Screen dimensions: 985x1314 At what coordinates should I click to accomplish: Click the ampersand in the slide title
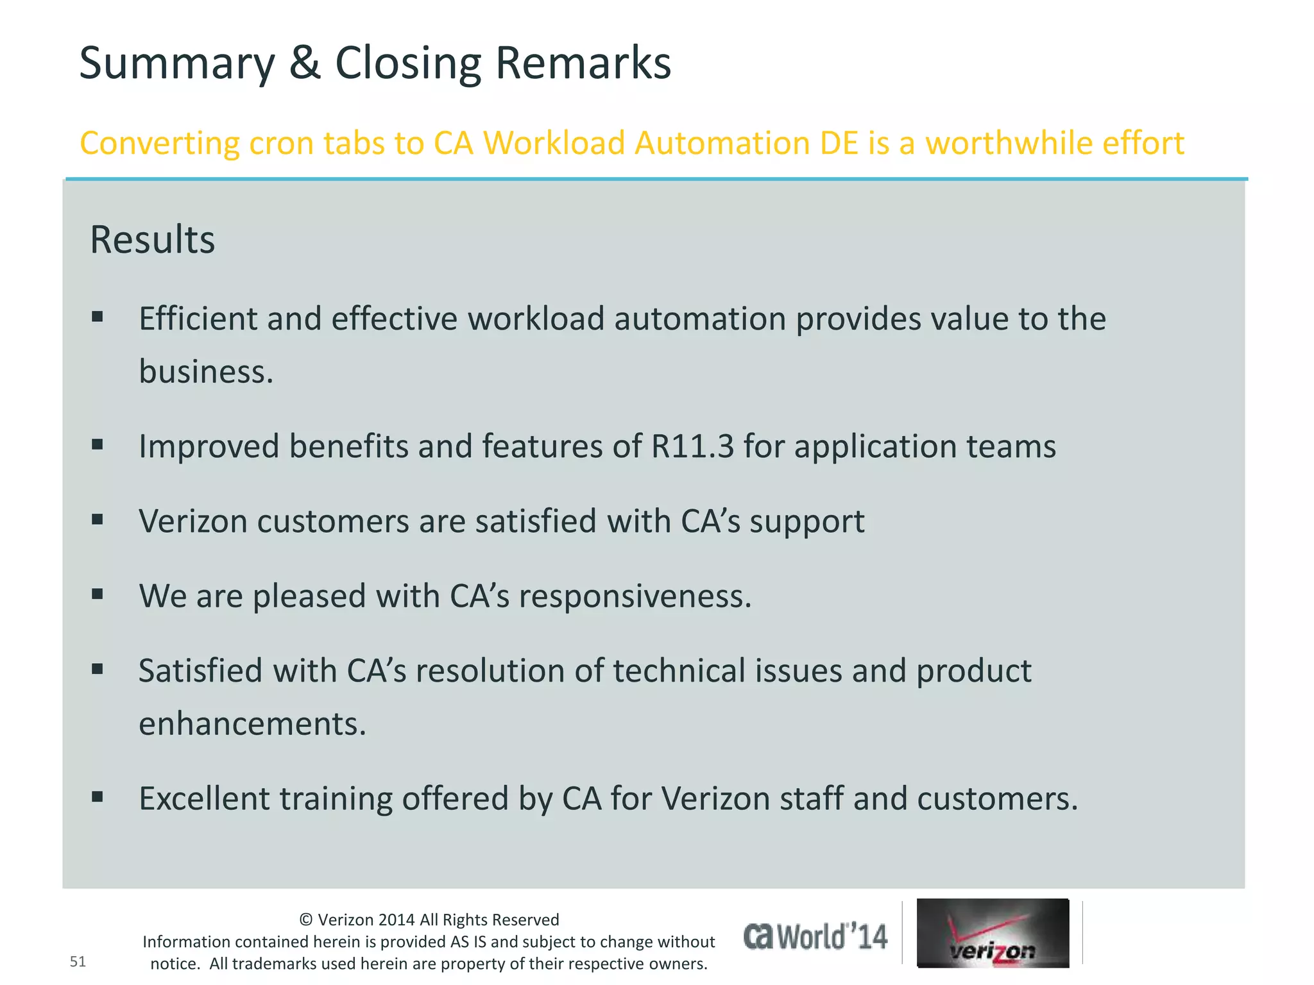tap(305, 63)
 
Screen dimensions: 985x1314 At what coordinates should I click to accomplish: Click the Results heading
tap(153, 240)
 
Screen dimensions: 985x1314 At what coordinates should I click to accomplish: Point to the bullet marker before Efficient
tap(98, 316)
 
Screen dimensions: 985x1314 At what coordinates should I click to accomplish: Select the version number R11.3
tap(692, 446)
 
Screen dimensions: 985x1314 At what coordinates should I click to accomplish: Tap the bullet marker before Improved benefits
tap(98, 444)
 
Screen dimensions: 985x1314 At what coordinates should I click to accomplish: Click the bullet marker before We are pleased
tap(98, 594)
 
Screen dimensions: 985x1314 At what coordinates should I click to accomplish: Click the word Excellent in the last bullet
tap(203, 799)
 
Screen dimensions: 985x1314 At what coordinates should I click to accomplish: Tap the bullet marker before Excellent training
tap(98, 797)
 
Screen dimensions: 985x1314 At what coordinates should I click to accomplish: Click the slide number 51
tap(78, 961)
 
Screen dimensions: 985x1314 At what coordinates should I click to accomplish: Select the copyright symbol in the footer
tap(306, 920)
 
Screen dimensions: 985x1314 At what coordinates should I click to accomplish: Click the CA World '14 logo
tap(815, 937)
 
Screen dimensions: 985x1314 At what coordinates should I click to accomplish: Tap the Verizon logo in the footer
tap(993, 933)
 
